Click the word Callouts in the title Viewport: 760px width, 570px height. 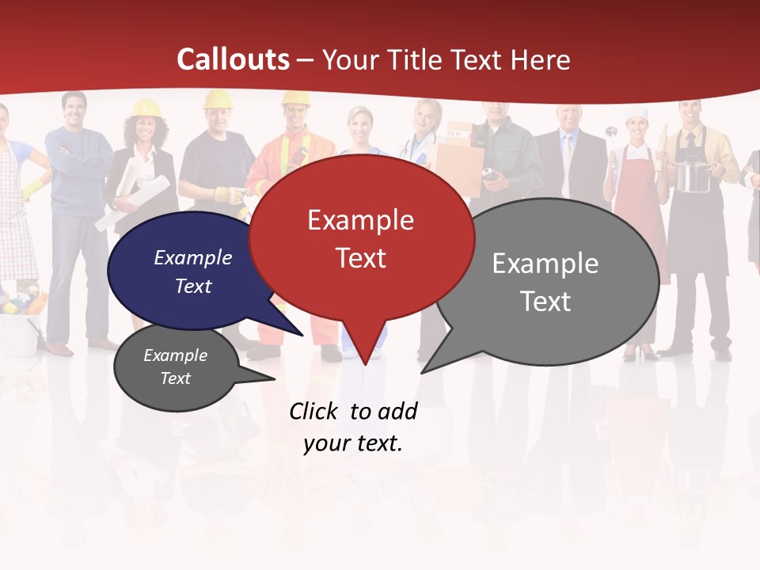233,59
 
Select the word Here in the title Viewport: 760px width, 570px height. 540,59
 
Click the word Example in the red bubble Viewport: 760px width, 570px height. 360,220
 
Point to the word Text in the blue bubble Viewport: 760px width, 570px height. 193,286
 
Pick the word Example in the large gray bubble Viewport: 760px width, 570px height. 545,264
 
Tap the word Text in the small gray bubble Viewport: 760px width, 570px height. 175,378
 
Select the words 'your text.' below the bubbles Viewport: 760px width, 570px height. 353,443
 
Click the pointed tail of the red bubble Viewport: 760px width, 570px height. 364,356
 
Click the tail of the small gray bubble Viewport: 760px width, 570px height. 265,377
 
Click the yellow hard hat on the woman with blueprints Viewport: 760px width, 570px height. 146,108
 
